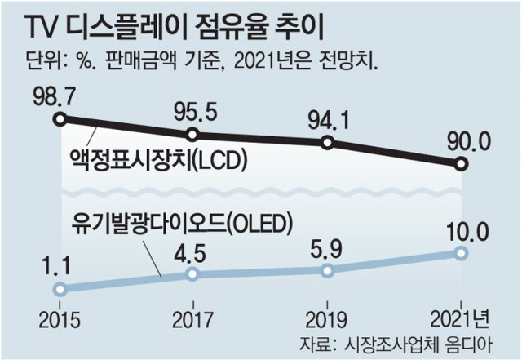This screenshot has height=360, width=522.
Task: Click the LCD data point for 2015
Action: click(59, 120)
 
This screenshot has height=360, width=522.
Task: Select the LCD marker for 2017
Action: click(192, 134)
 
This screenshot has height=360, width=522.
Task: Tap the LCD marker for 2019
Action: click(327, 142)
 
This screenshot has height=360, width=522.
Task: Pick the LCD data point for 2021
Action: click(462, 164)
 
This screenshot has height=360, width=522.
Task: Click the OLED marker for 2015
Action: click(59, 288)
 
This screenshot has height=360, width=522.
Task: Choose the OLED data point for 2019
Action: click(327, 269)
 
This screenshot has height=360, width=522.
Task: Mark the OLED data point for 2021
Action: click(462, 253)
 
